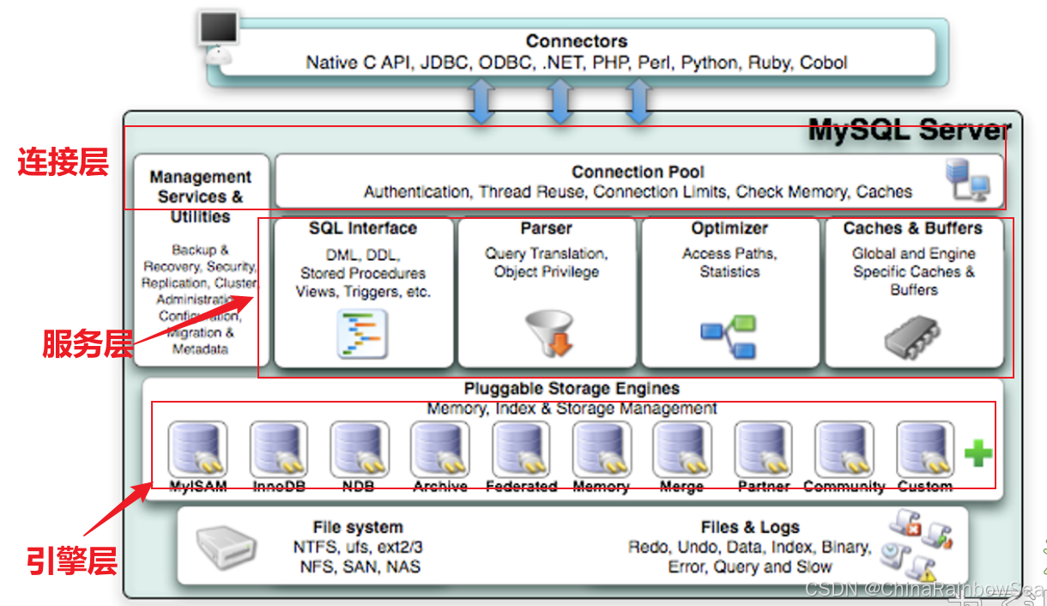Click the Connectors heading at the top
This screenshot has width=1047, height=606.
pyautogui.click(x=576, y=41)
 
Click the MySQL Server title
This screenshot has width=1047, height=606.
pyautogui.click(x=909, y=131)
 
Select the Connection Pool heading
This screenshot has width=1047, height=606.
pyautogui.click(x=638, y=172)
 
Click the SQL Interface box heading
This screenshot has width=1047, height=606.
pyautogui.click(x=362, y=228)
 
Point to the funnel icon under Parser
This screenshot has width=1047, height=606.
pyautogui.click(x=548, y=333)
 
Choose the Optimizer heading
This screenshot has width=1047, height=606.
pyautogui.click(x=729, y=228)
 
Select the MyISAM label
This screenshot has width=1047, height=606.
pyautogui.click(x=197, y=487)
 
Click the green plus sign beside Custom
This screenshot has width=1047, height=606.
pyautogui.click(x=977, y=452)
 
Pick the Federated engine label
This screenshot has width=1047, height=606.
pyautogui.click(x=521, y=487)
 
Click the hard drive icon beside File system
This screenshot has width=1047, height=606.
pyautogui.click(x=225, y=548)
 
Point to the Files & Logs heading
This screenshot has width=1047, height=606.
pyautogui.click(x=749, y=527)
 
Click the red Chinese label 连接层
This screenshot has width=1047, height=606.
pyautogui.click(x=64, y=161)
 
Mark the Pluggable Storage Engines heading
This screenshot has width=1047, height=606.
pyautogui.click(x=572, y=389)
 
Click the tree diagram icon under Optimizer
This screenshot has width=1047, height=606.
pyautogui.click(x=728, y=337)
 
